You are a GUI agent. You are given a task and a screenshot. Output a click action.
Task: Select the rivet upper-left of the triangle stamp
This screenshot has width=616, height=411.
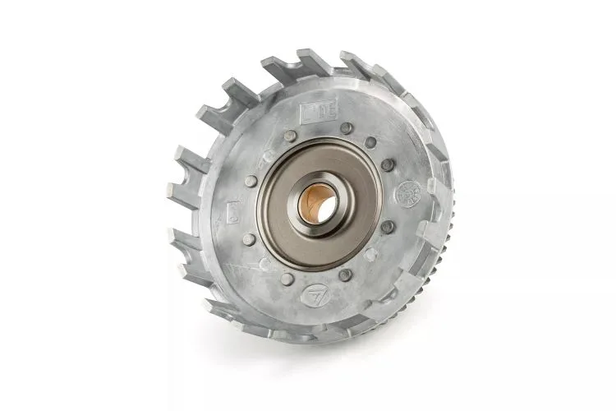coord(286,279)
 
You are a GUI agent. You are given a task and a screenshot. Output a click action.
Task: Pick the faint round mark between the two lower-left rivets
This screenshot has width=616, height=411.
coord(264,263)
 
